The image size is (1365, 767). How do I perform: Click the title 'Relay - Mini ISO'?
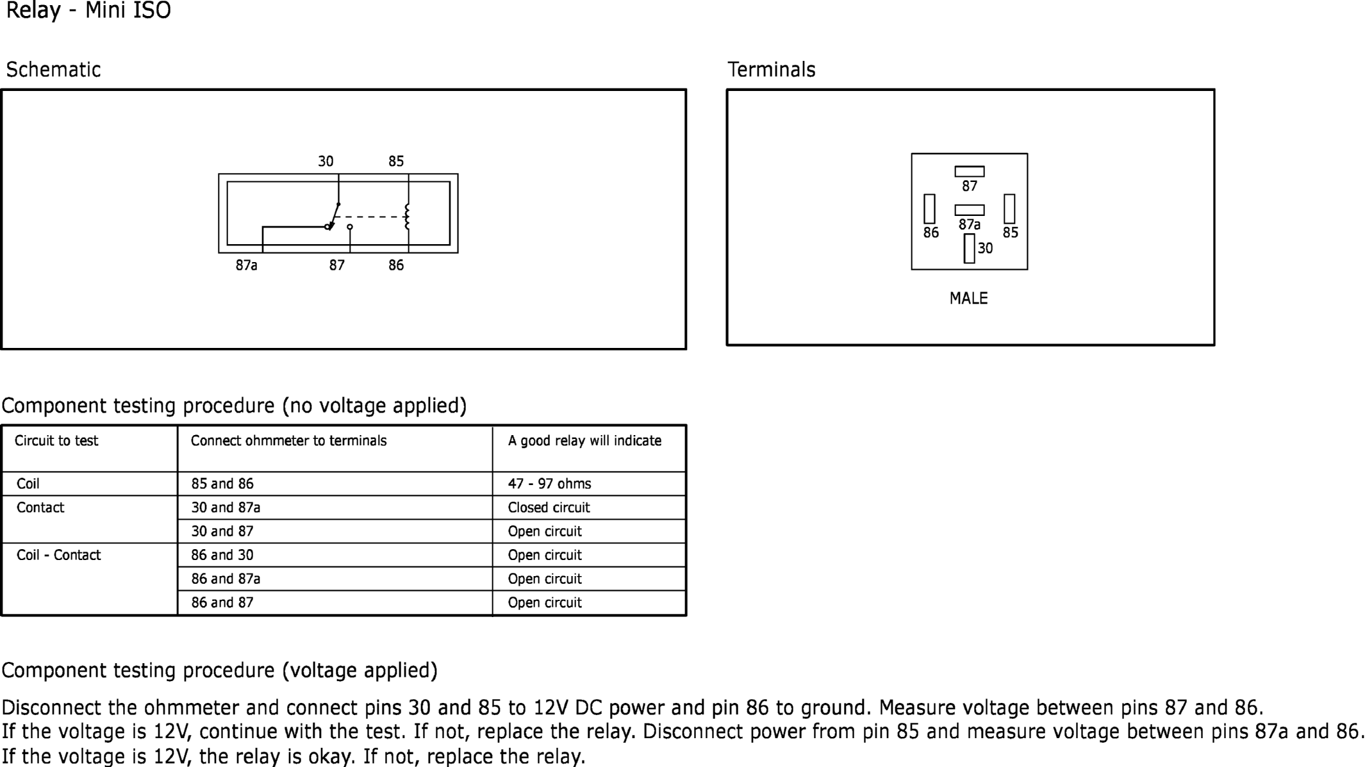(x=88, y=11)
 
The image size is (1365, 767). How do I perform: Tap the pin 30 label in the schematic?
(x=326, y=161)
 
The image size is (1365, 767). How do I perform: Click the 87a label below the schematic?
(x=246, y=265)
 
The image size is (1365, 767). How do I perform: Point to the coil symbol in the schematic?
(x=407, y=217)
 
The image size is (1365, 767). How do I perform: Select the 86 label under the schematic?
(x=396, y=265)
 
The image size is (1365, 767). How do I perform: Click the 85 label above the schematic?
(x=396, y=161)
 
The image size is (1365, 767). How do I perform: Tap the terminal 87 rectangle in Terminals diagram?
(x=969, y=172)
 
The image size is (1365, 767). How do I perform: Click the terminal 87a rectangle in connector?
(x=969, y=210)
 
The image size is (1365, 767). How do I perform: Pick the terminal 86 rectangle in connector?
(x=929, y=209)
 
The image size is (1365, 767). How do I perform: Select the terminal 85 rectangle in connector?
(x=1009, y=209)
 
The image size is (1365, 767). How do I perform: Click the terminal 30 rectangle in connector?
(x=969, y=249)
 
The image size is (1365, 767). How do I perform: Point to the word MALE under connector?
(x=968, y=299)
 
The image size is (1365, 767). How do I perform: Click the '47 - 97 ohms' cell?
(x=549, y=484)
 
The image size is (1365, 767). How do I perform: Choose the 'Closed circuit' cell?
(x=549, y=507)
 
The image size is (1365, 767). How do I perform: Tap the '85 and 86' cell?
(x=222, y=484)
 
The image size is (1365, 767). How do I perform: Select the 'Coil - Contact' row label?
(x=58, y=555)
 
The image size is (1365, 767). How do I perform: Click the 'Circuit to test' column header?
(x=56, y=441)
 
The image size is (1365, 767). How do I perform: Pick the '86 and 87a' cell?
(x=226, y=579)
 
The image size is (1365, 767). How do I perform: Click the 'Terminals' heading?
(x=772, y=69)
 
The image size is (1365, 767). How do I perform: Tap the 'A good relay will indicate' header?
(x=584, y=441)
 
